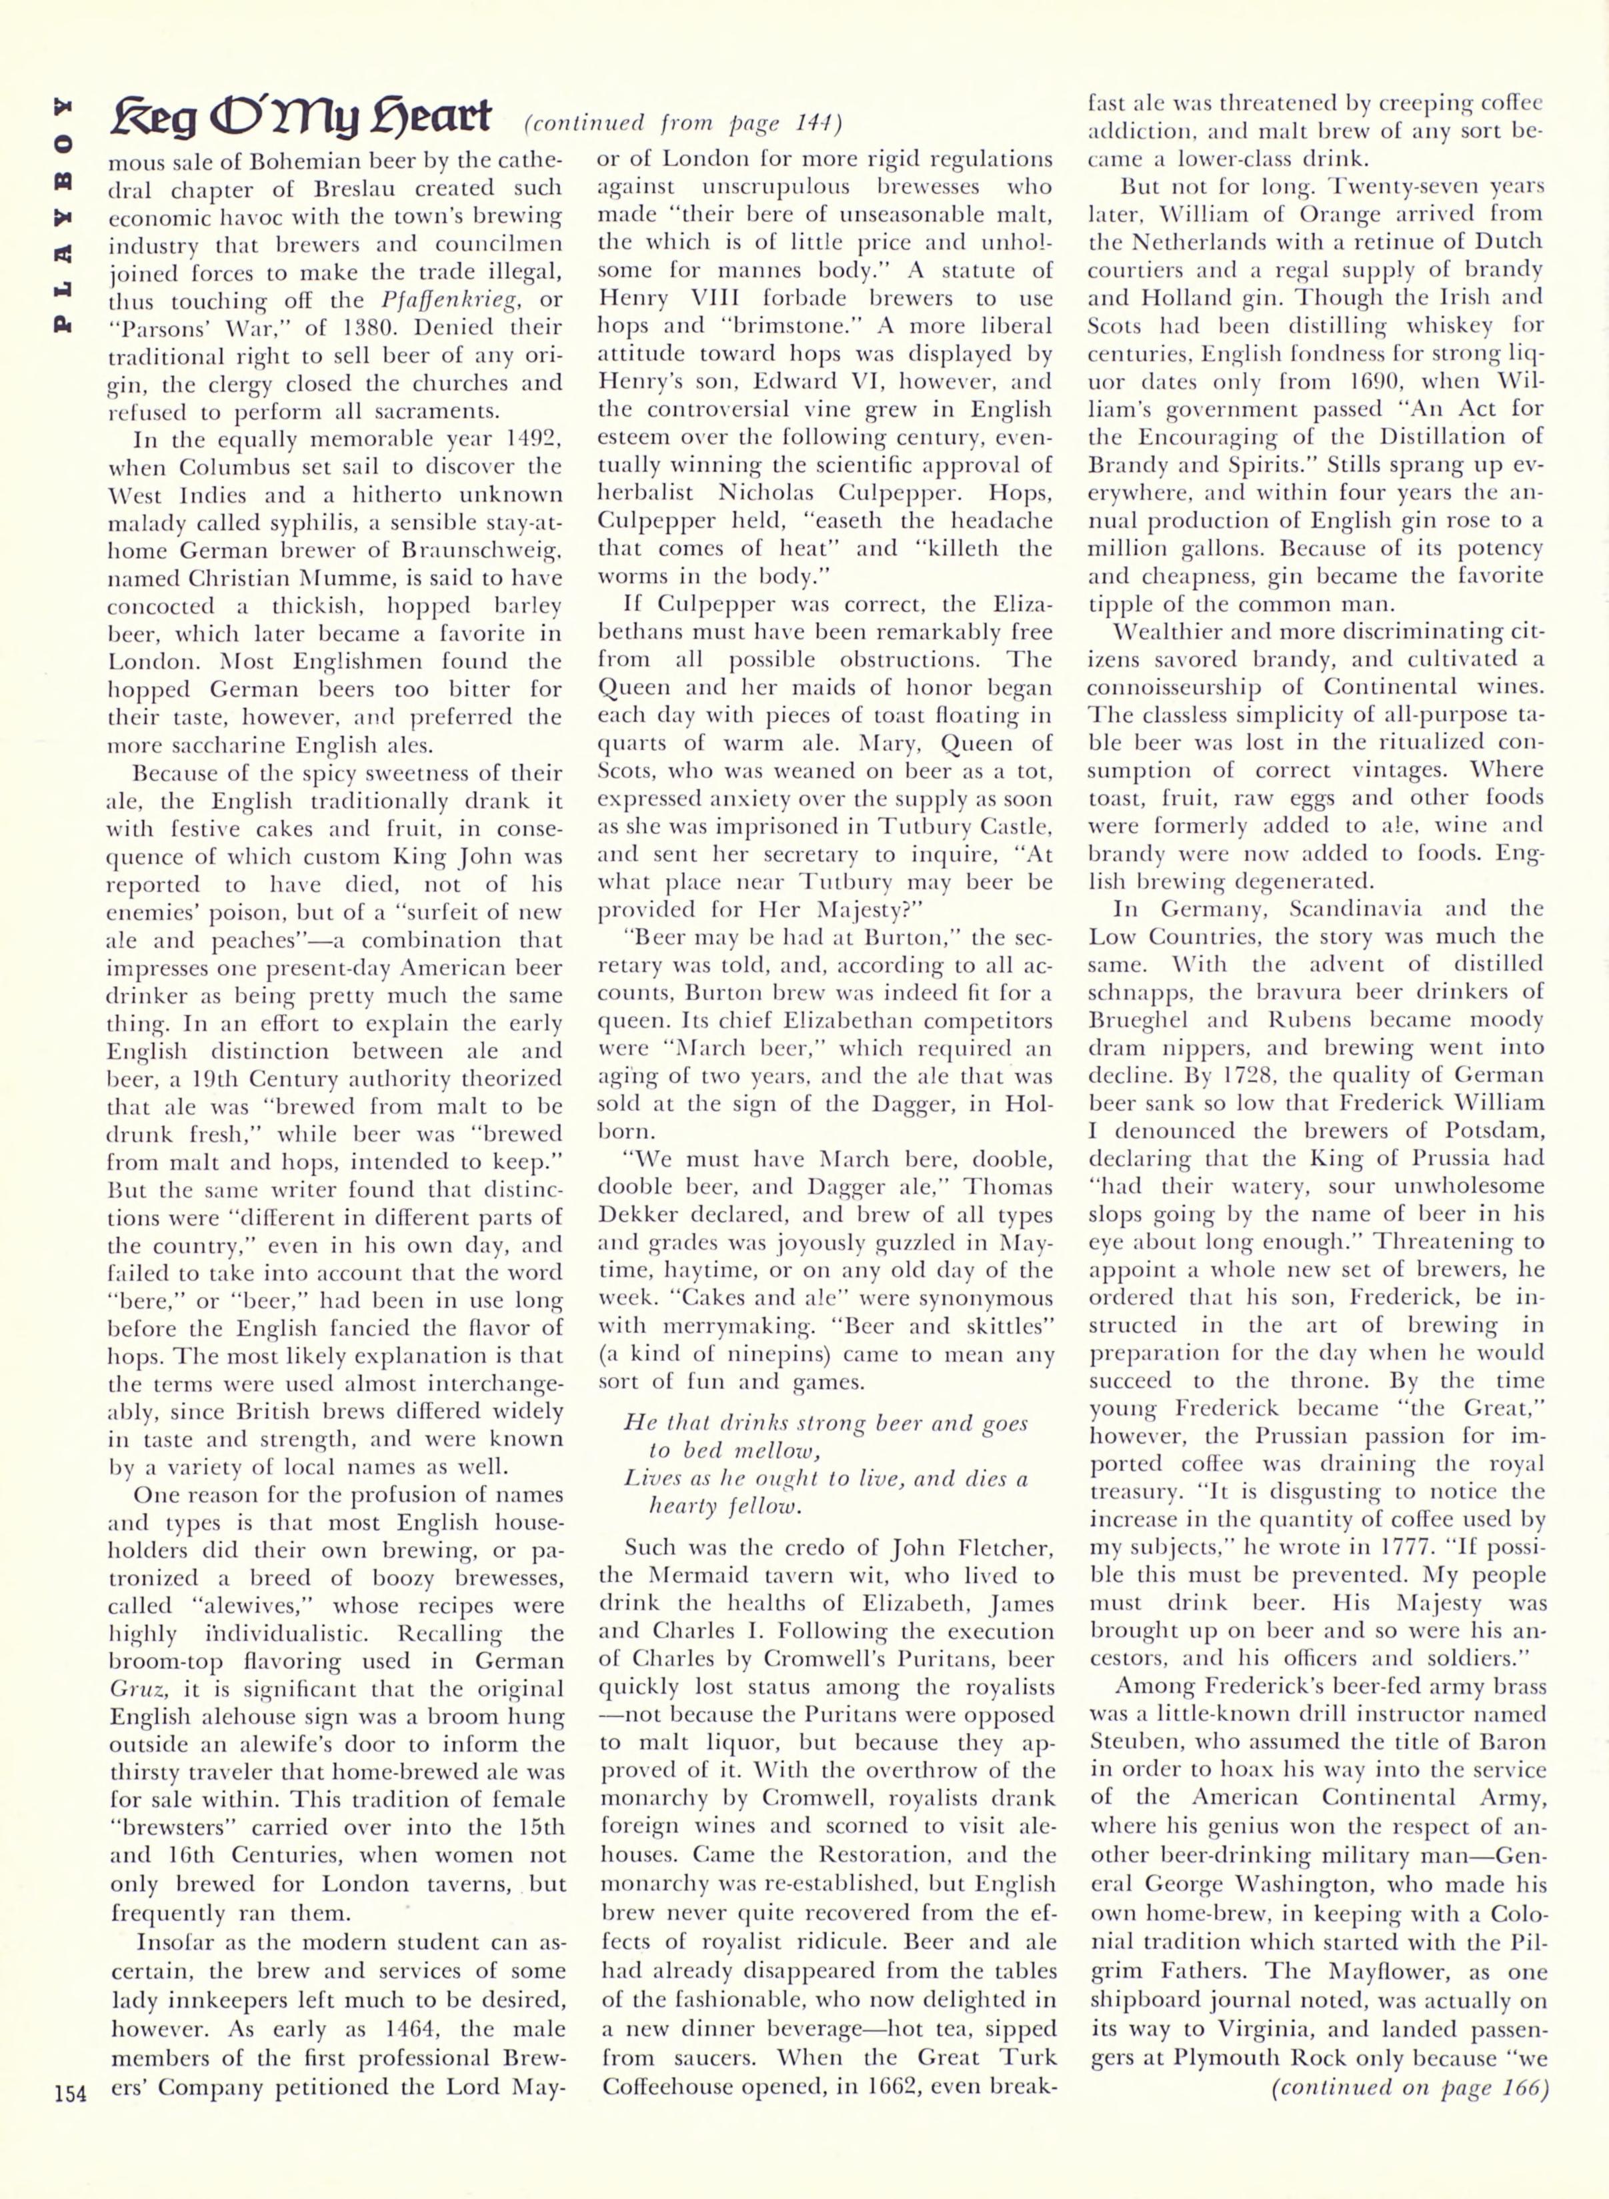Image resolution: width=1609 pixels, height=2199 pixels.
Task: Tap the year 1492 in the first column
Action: click(524, 438)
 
